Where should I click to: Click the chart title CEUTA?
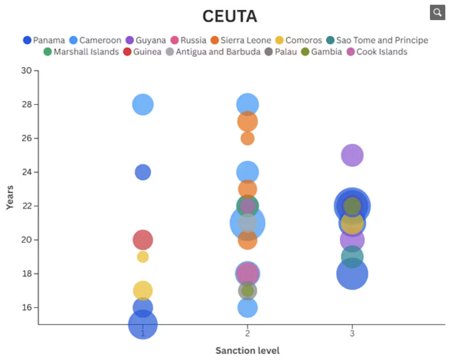tap(230, 16)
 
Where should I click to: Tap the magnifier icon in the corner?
tap(437, 13)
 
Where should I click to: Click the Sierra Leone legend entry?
tap(241, 40)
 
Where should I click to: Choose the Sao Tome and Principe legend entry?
tap(377, 40)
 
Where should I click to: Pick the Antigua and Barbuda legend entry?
tap(213, 52)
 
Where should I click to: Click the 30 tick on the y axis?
tap(28, 71)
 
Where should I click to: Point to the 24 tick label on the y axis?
tap(28, 172)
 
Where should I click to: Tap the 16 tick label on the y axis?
tap(28, 308)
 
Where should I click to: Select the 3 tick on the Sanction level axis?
tap(352, 334)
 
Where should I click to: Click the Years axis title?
tap(10, 197)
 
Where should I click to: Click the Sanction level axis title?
tap(247, 351)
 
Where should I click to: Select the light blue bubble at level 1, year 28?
tap(143, 105)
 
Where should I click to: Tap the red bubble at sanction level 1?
tap(143, 240)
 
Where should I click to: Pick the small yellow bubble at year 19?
tap(143, 257)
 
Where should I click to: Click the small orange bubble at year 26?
tap(247, 138)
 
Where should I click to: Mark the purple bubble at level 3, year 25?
tap(352, 155)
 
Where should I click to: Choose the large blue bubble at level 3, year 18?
tap(352, 274)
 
